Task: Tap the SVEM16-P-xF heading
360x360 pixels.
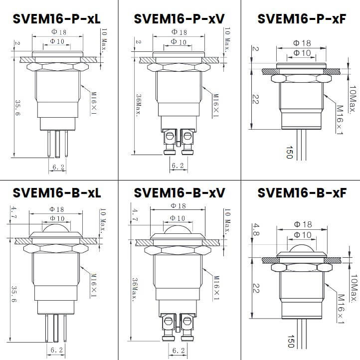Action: pyautogui.click(x=301, y=19)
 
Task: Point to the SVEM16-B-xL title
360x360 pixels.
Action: pyautogui.click(x=57, y=193)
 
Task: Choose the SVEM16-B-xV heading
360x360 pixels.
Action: pyautogui.click(x=180, y=193)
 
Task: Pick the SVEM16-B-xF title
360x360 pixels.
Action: pyautogui.click(x=301, y=193)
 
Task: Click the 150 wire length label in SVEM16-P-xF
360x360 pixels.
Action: pyautogui.click(x=289, y=152)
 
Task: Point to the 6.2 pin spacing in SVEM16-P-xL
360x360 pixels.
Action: pyautogui.click(x=58, y=168)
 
